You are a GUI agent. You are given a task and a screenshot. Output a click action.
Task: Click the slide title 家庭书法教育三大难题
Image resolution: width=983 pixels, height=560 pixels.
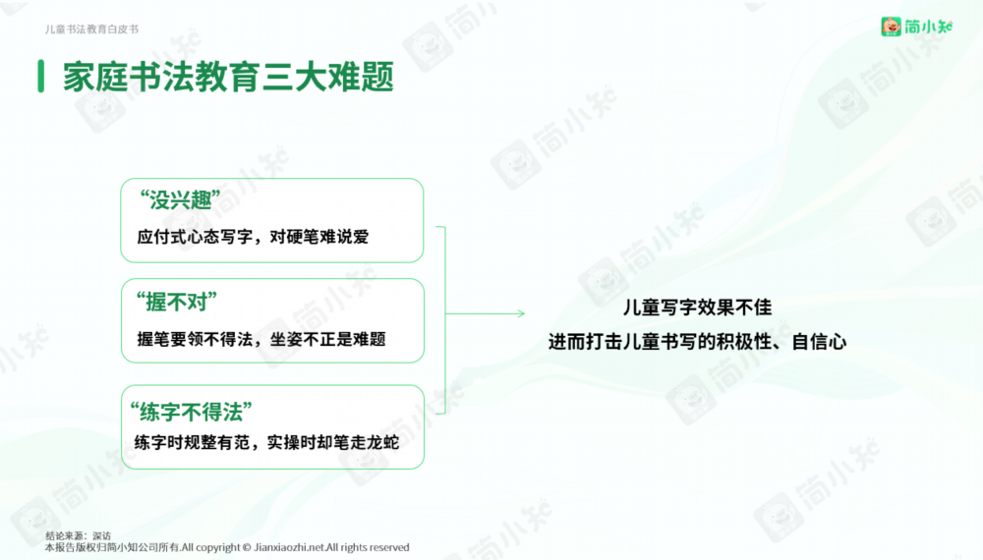(x=228, y=77)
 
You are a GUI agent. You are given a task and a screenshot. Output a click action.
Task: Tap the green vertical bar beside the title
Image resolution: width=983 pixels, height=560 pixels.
(x=40, y=77)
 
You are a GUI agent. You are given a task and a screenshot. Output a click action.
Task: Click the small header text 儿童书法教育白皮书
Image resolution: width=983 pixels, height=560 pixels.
(x=91, y=29)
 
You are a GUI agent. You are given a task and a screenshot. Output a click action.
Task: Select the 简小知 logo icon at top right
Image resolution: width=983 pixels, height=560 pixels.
(x=891, y=27)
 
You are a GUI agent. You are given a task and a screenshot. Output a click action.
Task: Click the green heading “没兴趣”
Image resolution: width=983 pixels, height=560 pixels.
(x=180, y=200)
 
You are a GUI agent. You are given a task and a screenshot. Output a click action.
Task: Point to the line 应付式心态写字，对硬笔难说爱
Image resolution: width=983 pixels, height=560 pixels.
(x=253, y=237)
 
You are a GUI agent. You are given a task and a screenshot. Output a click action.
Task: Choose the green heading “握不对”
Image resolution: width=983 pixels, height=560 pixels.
(x=177, y=303)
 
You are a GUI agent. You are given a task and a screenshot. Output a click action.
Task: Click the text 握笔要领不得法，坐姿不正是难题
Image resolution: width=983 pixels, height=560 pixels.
(x=261, y=340)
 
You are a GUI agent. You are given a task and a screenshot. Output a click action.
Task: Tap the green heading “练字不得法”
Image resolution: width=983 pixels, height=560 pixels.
(x=192, y=413)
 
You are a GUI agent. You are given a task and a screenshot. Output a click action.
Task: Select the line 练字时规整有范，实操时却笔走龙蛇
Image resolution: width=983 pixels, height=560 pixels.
(x=266, y=442)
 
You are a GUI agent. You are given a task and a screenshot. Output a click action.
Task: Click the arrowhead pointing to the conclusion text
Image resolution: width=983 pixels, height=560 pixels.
(x=521, y=313)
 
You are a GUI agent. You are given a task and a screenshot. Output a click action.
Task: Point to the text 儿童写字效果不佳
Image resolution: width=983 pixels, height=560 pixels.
(x=697, y=308)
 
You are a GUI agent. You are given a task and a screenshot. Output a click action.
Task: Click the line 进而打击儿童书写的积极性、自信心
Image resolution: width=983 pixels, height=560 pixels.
(x=697, y=342)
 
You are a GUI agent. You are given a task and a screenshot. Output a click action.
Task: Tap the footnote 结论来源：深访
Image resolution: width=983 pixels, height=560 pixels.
(x=79, y=535)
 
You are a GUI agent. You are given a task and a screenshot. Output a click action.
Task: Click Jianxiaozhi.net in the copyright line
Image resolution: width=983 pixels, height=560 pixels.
(x=289, y=547)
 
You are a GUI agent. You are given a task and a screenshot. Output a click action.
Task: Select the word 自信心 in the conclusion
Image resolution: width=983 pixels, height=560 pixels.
(x=820, y=342)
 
